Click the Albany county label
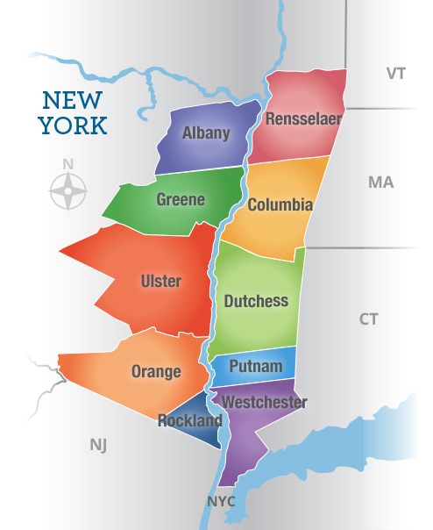[206, 133]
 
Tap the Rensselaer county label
[303, 118]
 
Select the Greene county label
[181, 199]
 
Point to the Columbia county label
[280, 205]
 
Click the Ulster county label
[160, 281]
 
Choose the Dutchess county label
[256, 301]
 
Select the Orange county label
[156, 371]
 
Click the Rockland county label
[189, 420]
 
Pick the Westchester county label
[265, 403]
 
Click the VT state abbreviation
[396, 73]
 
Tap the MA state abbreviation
[381, 183]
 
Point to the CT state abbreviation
[369, 319]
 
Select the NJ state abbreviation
[98, 445]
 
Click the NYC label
[222, 502]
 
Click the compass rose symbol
[68, 190]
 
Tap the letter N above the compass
[68, 164]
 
